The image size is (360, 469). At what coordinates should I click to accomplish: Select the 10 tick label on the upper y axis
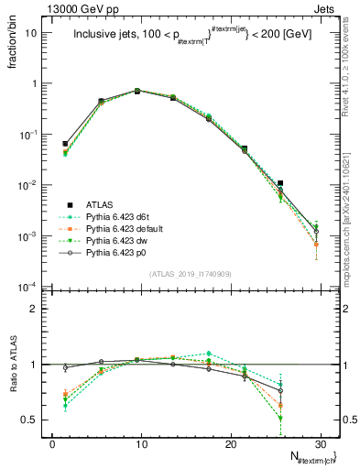[36, 33]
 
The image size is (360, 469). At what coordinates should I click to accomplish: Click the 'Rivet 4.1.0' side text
[353, 55]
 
